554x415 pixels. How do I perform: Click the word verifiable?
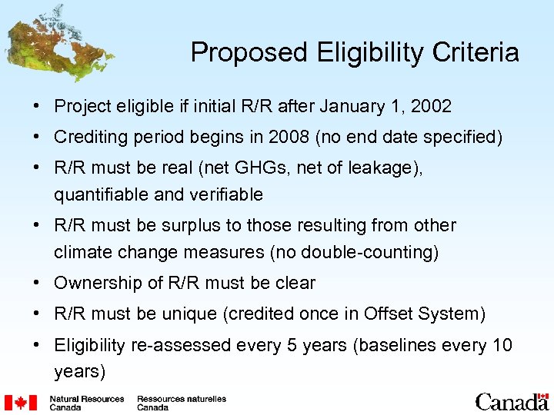tap(225, 195)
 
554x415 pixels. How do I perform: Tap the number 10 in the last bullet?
tap(502, 346)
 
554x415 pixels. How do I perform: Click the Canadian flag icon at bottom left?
tap(22, 403)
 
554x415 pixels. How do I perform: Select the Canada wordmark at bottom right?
tap(511, 401)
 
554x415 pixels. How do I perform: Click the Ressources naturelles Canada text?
tap(182, 403)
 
